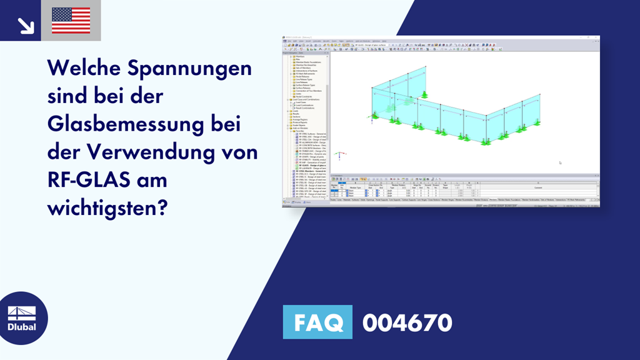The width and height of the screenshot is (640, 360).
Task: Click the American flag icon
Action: pos(71,20)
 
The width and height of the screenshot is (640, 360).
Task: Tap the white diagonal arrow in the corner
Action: pos(26,25)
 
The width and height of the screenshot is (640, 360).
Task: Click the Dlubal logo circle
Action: pos(24,318)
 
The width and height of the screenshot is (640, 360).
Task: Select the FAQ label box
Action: pos(317,322)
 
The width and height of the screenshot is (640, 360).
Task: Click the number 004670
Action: pos(407,322)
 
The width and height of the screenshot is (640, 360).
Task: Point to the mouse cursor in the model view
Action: pos(560,162)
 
